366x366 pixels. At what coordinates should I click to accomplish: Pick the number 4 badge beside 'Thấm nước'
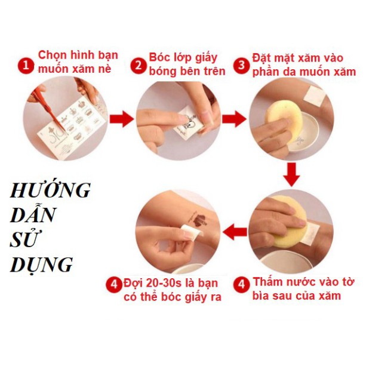[242, 285]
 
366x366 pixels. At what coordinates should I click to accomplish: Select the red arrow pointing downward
[291, 176]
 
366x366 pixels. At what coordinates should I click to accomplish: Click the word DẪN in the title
[30, 216]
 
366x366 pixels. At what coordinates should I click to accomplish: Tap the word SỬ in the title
[24, 240]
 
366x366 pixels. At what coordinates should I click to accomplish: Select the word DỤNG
[41, 264]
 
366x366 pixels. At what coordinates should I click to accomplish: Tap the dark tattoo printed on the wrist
[193, 220]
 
